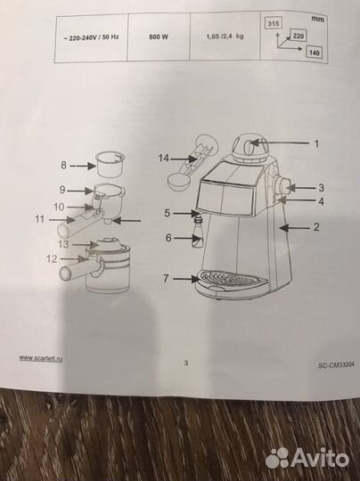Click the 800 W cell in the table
point(159,37)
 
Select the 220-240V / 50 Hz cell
point(91,37)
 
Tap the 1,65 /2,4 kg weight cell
point(225,37)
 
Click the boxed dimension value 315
point(274,23)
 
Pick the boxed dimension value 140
point(315,53)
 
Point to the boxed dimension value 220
point(298,37)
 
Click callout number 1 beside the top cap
point(316,143)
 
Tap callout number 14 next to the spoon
point(164,159)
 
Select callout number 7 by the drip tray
point(166,278)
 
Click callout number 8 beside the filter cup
point(63,165)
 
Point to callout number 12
point(52,259)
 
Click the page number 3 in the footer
point(186,363)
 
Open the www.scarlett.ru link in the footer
point(41,358)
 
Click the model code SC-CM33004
point(336,365)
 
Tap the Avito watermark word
point(320,457)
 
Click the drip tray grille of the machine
point(229,277)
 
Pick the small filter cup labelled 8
point(110,163)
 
